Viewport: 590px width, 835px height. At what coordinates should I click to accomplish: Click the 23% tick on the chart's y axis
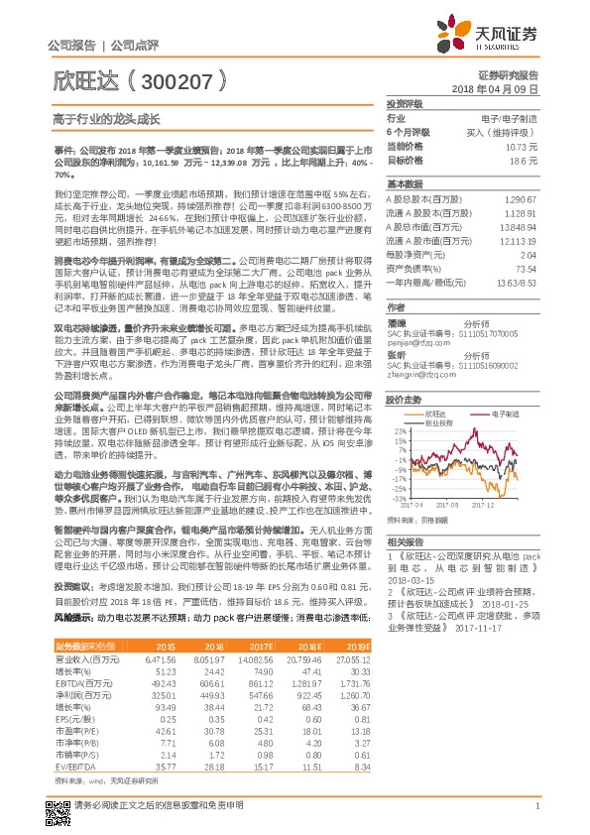click(399, 404)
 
